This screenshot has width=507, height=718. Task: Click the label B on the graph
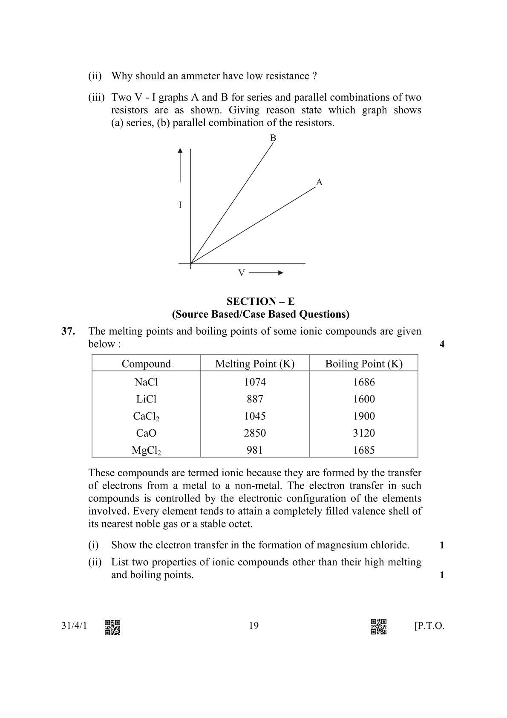273,138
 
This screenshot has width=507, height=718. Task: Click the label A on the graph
319,182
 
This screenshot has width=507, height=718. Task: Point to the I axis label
180,205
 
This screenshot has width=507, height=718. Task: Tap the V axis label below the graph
241,273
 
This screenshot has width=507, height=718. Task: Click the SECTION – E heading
260,301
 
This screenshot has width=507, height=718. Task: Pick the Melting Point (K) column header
255,364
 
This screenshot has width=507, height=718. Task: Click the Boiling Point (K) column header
363,364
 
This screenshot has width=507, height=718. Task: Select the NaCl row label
146,382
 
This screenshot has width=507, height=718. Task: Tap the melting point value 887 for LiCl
255,399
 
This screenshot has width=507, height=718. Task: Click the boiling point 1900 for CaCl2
363,416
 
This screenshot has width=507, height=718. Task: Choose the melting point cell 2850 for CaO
255,433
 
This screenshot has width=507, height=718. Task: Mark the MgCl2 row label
146,450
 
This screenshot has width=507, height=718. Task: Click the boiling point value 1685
363,450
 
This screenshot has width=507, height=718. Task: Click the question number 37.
68,331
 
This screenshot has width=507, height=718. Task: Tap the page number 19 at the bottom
253,626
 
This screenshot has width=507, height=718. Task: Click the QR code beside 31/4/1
112,627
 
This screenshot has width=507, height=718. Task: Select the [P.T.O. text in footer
429,626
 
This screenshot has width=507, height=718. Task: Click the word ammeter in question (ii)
200,76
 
